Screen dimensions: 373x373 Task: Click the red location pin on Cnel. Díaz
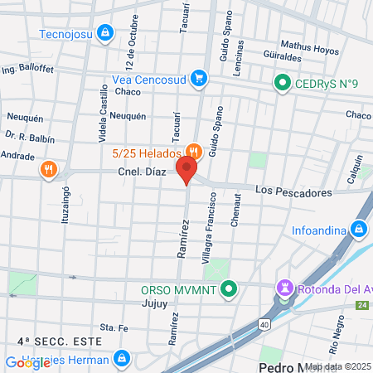point(187,170)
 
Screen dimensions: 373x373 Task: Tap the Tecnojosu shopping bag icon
point(104,33)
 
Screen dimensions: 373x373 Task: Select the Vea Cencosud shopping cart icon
point(198,80)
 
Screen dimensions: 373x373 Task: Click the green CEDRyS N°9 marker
point(282,83)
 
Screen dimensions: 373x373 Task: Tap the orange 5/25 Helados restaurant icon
point(193,152)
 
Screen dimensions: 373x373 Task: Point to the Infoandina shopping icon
point(358,229)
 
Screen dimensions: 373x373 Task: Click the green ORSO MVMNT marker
point(230,290)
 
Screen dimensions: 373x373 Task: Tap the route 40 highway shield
point(263,322)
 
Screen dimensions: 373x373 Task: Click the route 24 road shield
point(362,306)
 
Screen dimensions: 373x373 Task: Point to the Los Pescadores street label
point(293,191)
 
